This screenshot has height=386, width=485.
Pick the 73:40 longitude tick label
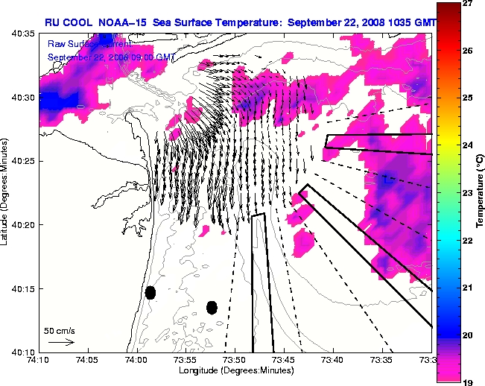[333, 361]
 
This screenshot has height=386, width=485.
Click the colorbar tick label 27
[469, 3]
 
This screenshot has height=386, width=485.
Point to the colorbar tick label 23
[469, 193]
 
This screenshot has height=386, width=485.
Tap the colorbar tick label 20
[469, 335]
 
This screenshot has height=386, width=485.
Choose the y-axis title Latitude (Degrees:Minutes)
[6, 193]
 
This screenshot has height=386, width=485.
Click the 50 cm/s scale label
[57, 330]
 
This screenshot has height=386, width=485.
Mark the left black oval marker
[150, 292]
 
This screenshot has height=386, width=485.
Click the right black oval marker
[212, 307]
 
